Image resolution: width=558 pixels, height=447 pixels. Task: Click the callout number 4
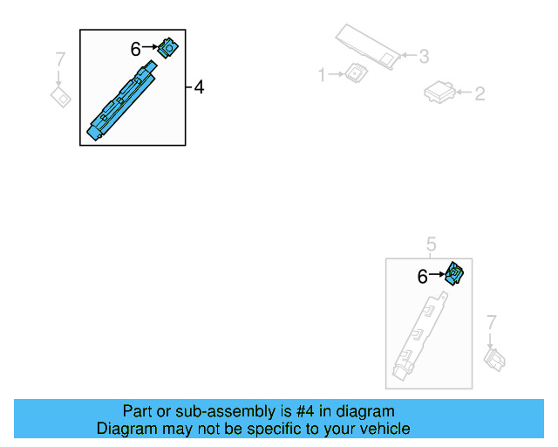click(x=199, y=87)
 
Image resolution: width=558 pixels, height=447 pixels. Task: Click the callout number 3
click(x=424, y=57)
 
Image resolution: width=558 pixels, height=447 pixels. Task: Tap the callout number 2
click(x=480, y=93)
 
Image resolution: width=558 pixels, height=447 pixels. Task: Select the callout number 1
click(x=322, y=75)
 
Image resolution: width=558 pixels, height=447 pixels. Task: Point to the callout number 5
click(x=431, y=244)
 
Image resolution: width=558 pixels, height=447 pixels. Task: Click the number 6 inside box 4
click(x=136, y=49)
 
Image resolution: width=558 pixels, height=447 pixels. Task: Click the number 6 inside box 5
click(x=422, y=277)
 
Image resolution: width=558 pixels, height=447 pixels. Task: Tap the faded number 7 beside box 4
click(x=60, y=59)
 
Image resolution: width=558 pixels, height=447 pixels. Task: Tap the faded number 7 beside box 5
click(x=491, y=322)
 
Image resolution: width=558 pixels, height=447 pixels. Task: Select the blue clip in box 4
click(x=167, y=48)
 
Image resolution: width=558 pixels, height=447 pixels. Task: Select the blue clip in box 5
click(x=454, y=274)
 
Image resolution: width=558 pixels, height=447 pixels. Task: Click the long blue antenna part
click(x=122, y=100)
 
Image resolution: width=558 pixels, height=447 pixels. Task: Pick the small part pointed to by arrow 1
click(x=356, y=72)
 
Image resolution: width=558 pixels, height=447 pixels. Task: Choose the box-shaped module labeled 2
click(x=439, y=93)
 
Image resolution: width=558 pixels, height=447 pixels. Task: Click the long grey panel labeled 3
click(x=368, y=46)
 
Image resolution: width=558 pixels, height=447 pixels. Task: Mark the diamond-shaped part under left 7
click(x=60, y=97)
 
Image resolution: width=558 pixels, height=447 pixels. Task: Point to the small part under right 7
click(x=494, y=360)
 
